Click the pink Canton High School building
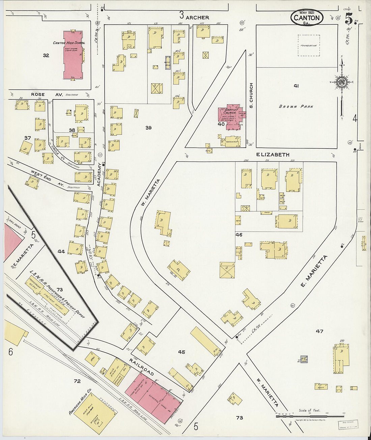(x=73, y=55)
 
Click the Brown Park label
(x=296, y=107)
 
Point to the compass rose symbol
(x=341, y=82)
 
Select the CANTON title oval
(x=307, y=18)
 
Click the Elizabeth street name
(x=273, y=155)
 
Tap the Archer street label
(x=197, y=17)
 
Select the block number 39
(x=148, y=127)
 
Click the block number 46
(x=239, y=235)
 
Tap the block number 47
(x=319, y=331)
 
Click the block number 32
(x=46, y=55)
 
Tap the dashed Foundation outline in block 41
(x=309, y=45)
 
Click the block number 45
(x=181, y=352)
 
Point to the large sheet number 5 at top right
(x=348, y=19)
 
